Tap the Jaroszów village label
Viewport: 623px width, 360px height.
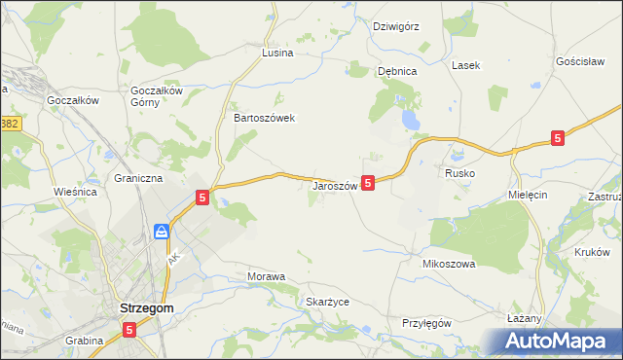click(336, 185)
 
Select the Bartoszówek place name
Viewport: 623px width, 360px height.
click(264, 118)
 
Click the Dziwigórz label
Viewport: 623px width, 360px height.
click(396, 26)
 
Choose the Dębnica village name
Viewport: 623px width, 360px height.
click(397, 71)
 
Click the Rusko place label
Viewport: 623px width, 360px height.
click(459, 172)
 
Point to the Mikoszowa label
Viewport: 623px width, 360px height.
click(448, 264)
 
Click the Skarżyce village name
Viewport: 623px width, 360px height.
click(328, 302)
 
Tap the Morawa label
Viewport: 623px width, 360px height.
click(267, 276)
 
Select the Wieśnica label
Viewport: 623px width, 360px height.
click(76, 192)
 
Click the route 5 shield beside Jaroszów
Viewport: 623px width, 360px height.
click(368, 182)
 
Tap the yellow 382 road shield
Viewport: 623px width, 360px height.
click(10, 125)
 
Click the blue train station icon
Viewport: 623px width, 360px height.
click(162, 232)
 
